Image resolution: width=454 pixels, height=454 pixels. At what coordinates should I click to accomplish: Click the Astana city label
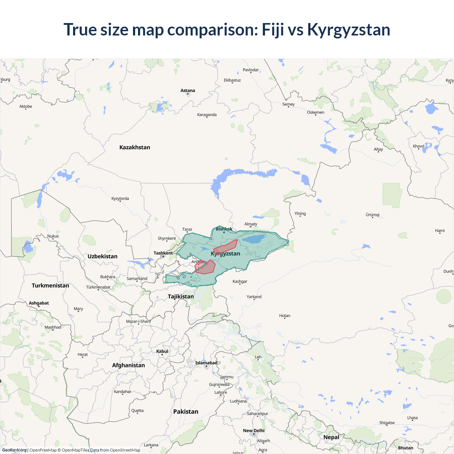[x=188, y=90]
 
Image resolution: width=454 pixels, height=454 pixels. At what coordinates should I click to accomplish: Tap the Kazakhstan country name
[x=135, y=147]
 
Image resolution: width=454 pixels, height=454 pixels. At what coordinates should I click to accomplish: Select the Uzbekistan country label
[x=103, y=256]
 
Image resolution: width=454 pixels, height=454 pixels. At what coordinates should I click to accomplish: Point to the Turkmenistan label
[x=50, y=286]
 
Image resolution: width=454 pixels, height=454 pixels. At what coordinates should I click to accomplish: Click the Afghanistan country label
[x=128, y=365]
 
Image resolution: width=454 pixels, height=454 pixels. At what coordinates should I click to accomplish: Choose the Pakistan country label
[x=186, y=411]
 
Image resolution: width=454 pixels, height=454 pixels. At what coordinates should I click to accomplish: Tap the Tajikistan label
[x=181, y=297]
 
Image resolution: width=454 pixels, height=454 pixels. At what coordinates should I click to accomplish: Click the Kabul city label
[x=162, y=351]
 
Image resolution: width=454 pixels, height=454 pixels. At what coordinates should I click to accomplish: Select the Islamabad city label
[x=206, y=363]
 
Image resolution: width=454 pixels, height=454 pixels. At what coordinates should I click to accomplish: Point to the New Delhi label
[x=254, y=431]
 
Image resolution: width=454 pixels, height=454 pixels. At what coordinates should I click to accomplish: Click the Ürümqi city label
[x=372, y=215]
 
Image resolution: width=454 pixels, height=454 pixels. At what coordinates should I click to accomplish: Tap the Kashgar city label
[x=240, y=281]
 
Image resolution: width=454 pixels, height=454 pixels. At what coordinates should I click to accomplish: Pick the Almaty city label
[x=251, y=224]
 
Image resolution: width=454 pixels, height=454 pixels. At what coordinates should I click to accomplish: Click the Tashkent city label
[x=163, y=253]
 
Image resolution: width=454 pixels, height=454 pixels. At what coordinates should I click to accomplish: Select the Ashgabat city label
[x=39, y=303]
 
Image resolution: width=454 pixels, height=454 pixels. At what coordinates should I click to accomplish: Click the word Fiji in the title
[x=273, y=29]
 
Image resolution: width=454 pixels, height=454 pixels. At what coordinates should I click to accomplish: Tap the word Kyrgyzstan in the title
[x=349, y=29]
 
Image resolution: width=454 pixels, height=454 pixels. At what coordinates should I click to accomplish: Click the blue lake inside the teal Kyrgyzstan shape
[x=255, y=238]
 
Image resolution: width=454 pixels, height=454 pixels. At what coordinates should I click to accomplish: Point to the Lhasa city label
[x=412, y=417]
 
